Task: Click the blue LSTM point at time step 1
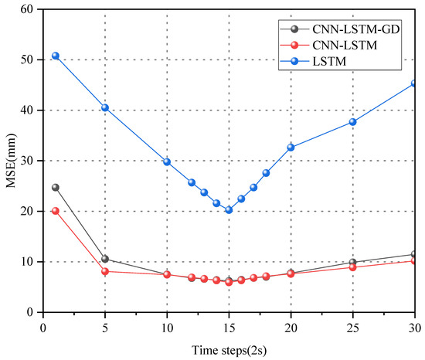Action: (56, 56)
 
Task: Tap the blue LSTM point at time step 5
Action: (105, 107)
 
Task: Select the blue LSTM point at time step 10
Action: (167, 161)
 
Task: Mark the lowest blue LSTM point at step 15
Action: (229, 209)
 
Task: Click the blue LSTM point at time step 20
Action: (291, 147)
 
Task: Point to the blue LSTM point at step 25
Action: (352, 121)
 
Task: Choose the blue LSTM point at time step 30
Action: (414, 83)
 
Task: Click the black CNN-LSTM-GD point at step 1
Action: (56, 187)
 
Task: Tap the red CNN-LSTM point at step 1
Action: (56, 210)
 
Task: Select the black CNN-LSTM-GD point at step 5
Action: (105, 259)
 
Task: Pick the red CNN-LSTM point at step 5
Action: (105, 271)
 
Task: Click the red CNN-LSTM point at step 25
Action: (352, 267)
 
